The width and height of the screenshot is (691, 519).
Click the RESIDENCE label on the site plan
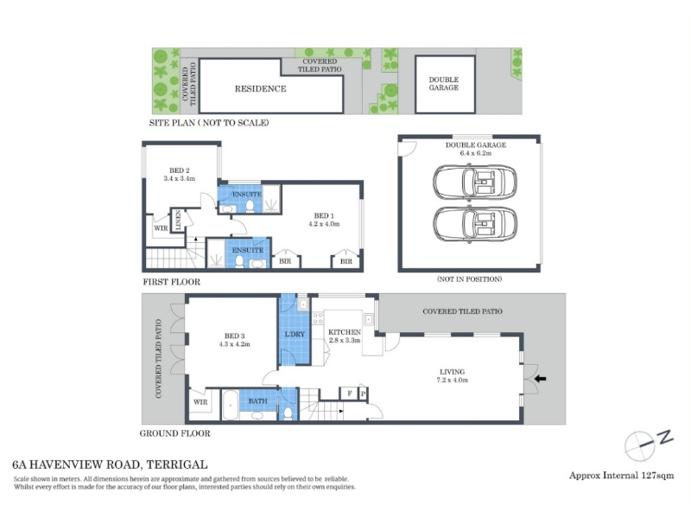(261, 89)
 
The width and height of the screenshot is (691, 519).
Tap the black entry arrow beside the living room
(541, 378)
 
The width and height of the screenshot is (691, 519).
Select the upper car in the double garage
(474, 183)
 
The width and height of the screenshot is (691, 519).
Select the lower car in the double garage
(474, 224)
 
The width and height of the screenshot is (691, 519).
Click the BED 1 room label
(324, 215)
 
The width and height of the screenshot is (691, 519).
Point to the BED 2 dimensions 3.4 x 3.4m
(180, 179)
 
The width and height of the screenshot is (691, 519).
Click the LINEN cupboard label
(178, 220)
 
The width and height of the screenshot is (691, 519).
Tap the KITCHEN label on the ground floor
(345, 332)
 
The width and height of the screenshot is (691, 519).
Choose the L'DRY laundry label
(295, 334)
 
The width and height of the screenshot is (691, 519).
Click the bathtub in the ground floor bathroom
(230, 405)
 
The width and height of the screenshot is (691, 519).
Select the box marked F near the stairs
(349, 394)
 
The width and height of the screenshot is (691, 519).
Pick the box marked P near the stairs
(364, 394)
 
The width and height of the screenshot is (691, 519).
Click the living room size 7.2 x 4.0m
(452, 380)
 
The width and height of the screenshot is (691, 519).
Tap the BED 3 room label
(234, 336)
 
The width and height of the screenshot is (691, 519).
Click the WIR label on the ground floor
(200, 402)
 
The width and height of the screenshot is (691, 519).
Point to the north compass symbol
(649, 443)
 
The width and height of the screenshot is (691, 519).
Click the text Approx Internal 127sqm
(621, 475)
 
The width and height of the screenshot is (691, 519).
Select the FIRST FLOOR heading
(171, 282)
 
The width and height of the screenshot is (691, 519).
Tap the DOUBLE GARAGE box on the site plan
(445, 84)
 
